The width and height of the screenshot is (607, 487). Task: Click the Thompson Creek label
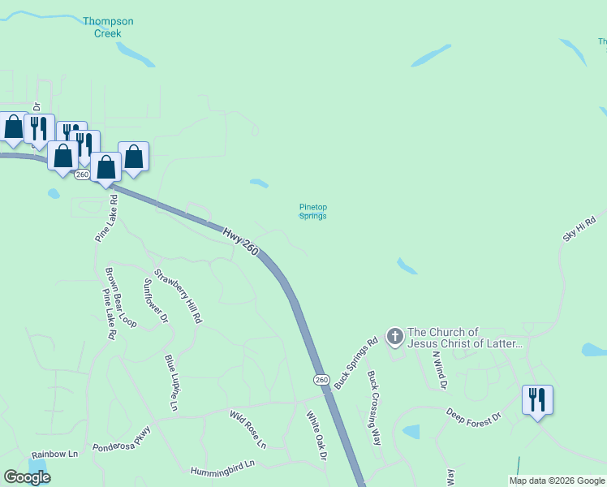click(102, 27)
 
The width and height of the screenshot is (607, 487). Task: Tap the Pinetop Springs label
click(313, 211)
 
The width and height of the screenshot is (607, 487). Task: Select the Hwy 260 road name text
click(242, 242)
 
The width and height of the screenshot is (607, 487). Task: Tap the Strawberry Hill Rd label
click(178, 297)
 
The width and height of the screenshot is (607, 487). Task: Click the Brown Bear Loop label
click(122, 296)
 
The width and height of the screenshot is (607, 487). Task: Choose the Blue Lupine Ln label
click(172, 381)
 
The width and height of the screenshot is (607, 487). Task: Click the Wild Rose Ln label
click(248, 429)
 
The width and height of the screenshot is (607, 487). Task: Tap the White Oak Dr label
click(316, 436)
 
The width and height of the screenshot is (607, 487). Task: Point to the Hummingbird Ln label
click(222, 468)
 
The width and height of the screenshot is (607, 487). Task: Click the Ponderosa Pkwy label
click(122, 438)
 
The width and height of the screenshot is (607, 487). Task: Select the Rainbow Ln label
click(54, 454)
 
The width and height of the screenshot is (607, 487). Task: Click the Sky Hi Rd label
click(579, 227)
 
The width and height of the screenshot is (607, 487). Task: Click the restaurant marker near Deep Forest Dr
click(537, 400)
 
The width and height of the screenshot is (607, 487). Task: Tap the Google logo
click(27, 476)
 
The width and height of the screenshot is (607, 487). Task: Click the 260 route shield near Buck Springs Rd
click(321, 379)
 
